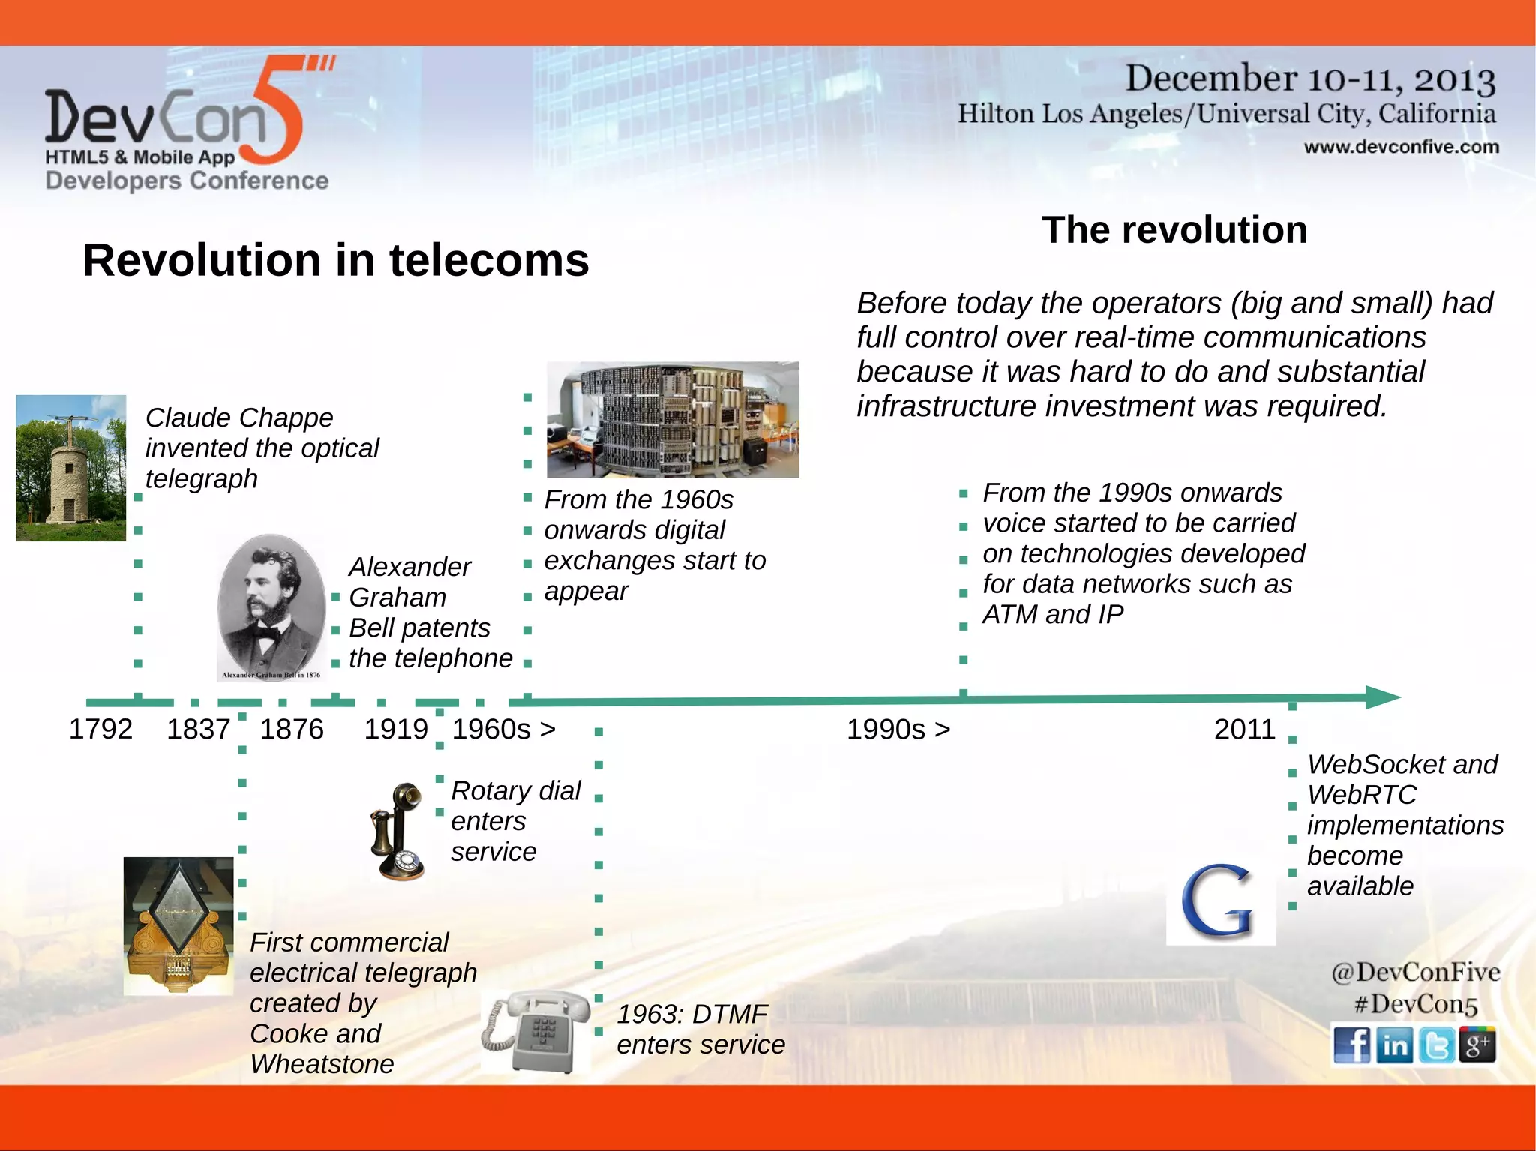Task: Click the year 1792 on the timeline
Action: point(100,729)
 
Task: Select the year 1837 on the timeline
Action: point(198,729)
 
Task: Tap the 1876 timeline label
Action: point(292,729)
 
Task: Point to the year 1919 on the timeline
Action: point(396,729)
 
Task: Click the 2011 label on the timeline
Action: point(1245,729)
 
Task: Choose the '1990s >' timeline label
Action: point(898,729)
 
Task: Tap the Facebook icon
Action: point(1351,1045)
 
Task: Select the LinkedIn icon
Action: point(1394,1045)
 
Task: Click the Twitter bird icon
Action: point(1436,1045)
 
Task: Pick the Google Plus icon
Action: point(1477,1045)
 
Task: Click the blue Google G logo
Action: point(1220,902)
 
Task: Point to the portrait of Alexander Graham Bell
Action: point(271,607)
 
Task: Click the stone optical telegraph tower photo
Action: point(71,468)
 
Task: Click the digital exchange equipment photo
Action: point(673,419)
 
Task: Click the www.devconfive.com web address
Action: point(1401,147)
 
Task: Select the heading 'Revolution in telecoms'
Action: point(336,260)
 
